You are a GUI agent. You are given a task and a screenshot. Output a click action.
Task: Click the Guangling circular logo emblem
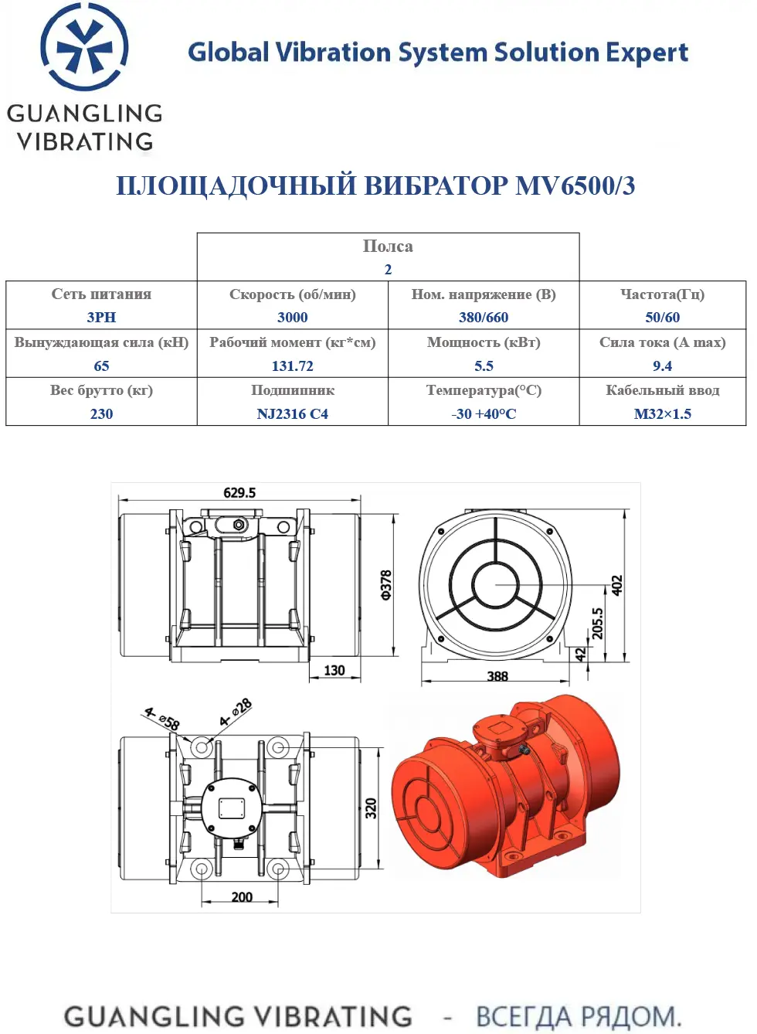[x=84, y=46]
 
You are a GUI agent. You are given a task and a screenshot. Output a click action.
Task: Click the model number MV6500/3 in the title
[x=575, y=185]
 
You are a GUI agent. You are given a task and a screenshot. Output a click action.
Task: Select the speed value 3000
[x=293, y=317]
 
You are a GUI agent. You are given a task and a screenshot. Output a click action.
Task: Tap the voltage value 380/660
[x=484, y=317]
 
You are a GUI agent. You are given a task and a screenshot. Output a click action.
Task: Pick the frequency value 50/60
[x=663, y=317]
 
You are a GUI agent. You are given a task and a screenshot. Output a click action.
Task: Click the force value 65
[x=101, y=366]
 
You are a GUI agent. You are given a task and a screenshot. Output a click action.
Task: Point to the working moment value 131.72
[x=293, y=366]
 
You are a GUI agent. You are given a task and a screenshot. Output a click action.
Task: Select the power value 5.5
[x=484, y=366]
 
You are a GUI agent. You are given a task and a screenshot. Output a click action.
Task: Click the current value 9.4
[x=663, y=366]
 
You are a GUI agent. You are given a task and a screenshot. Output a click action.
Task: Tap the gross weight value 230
[x=101, y=413]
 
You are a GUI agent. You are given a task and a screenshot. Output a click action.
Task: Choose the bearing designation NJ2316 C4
[x=293, y=413]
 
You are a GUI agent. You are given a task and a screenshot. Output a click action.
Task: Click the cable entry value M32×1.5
[x=663, y=413]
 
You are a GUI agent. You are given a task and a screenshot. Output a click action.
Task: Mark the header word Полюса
[x=388, y=247]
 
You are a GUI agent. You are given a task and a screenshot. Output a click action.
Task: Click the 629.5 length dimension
[x=239, y=492]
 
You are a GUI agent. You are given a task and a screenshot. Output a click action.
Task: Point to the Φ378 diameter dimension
[x=386, y=585]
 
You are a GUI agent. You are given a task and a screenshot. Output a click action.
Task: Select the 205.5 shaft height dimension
[x=597, y=623]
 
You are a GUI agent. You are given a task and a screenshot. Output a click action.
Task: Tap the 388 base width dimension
[x=497, y=676]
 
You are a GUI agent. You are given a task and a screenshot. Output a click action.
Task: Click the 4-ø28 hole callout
[x=236, y=713]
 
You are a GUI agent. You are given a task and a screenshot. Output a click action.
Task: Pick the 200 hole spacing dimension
[x=242, y=897]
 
